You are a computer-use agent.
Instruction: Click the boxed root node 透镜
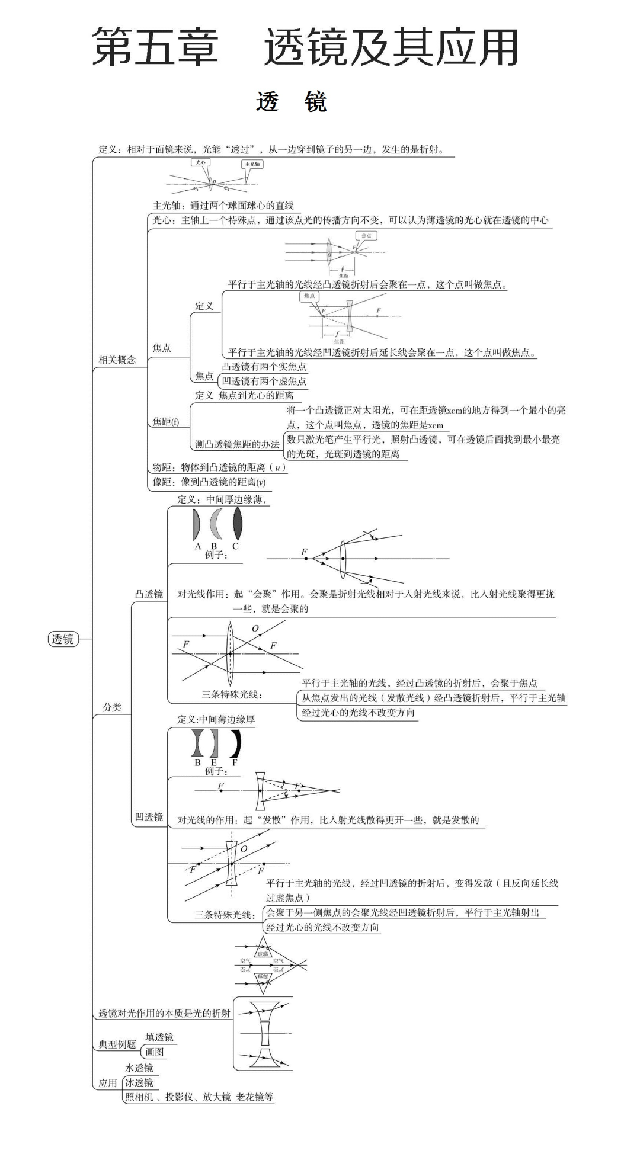click(x=63, y=639)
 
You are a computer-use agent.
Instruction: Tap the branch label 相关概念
click(x=117, y=360)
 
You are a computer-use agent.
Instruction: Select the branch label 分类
click(x=112, y=707)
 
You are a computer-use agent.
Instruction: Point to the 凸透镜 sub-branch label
click(x=149, y=594)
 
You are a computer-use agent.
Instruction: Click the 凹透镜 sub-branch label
click(x=149, y=817)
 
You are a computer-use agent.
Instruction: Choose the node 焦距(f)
click(x=166, y=422)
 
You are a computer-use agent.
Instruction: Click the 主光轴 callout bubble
click(x=253, y=164)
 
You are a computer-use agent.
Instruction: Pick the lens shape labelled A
click(x=197, y=524)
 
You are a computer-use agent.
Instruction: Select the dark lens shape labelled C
click(x=238, y=524)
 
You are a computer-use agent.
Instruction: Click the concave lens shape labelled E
click(x=214, y=743)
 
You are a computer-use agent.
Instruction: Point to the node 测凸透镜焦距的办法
click(x=237, y=444)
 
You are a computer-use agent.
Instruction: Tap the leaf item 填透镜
click(x=159, y=1037)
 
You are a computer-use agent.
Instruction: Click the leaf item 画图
click(x=155, y=1052)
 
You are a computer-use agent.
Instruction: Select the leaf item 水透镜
click(x=139, y=1068)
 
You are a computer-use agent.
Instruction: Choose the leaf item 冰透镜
click(x=139, y=1082)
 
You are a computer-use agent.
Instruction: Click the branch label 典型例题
click(x=117, y=1044)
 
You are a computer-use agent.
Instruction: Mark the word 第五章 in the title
click(x=156, y=47)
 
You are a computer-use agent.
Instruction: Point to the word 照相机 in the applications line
click(x=139, y=1097)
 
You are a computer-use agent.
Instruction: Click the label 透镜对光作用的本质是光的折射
click(x=164, y=1013)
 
